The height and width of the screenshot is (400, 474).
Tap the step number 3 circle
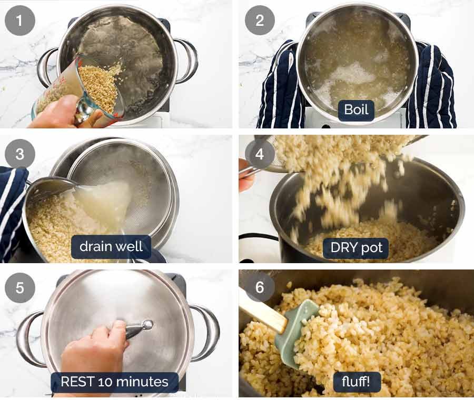[x=20, y=154]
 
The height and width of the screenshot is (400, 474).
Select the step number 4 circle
[x=259, y=154]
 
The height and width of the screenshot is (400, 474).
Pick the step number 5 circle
[x=20, y=288]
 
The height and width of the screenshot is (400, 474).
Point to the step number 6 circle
[x=259, y=288]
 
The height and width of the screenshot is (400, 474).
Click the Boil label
[x=356, y=111]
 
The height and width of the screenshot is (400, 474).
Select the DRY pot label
[x=356, y=247]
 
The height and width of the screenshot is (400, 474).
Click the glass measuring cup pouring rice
[x=79, y=89]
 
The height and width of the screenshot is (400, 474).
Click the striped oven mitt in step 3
[x=12, y=211]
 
